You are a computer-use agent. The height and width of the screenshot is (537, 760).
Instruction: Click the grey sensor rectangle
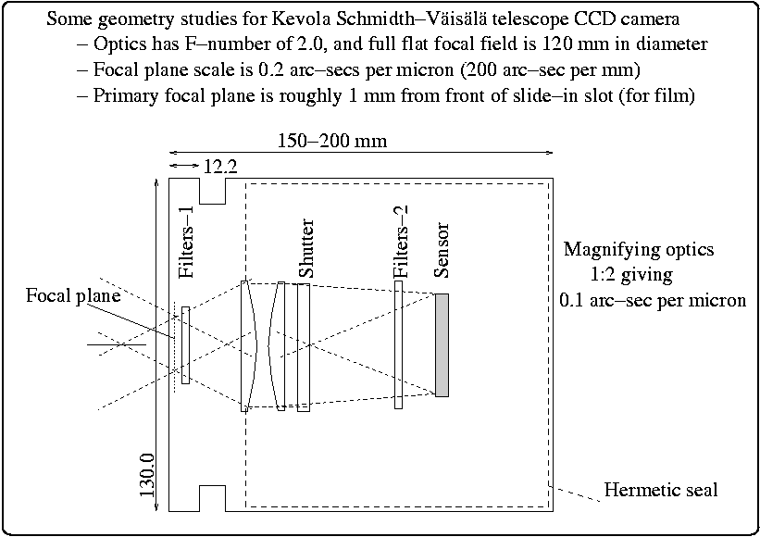click(442, 344)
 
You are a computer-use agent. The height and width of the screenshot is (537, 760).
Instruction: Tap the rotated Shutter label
click(306, 249)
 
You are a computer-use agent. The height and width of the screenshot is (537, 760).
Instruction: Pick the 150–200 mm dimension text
click(332, 141)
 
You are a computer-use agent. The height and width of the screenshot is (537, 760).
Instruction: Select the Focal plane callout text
click(73, 296)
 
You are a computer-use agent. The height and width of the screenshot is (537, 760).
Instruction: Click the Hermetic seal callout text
click(660, 489)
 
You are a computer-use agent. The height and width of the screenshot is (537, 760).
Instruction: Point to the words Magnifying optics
click(639, 250)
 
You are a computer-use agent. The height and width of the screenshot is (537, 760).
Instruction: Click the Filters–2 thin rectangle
click(398, 344)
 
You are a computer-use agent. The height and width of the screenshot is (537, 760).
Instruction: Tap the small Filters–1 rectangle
click(186, 344)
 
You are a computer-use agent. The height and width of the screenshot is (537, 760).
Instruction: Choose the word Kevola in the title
click(282, 18)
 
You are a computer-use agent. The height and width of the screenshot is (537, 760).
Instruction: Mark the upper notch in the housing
click(212, 191)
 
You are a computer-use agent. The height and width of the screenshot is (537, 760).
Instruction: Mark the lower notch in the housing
click(212, 497)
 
